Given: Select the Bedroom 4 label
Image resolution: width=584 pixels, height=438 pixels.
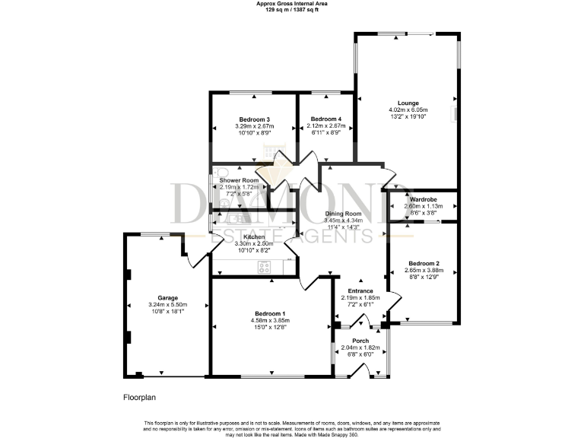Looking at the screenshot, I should (325, 119).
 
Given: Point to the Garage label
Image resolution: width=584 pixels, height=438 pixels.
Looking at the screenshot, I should (161, 297).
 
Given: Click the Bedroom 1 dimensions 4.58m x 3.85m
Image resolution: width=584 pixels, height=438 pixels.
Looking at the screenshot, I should (271, 321).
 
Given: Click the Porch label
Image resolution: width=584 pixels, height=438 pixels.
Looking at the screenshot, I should (360, 341).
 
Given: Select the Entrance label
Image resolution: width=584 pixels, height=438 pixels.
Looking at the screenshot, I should (360, 290).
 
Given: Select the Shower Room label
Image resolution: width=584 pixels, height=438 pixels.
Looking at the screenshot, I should (240, 180).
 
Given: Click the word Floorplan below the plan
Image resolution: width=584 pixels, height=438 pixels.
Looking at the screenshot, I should (141, 397).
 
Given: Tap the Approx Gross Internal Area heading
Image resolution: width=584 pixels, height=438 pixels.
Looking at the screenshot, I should (291, 4).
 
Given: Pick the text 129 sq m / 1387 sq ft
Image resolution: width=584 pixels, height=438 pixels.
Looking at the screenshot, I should (291, 10).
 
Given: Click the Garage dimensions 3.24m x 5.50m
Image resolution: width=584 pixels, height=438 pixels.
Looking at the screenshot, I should (161, 304).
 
